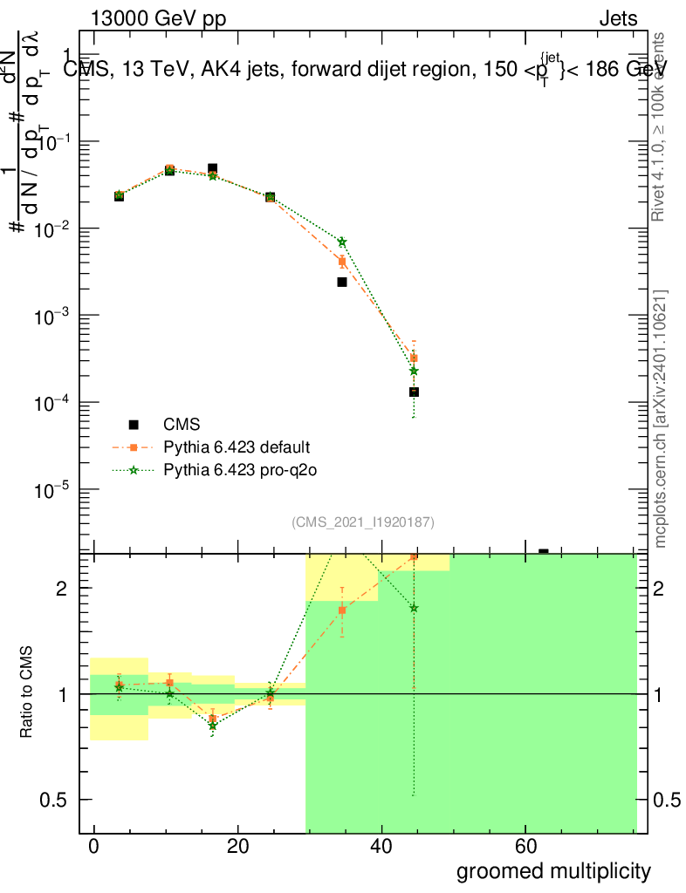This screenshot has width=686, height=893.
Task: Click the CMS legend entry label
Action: pyautogui.click(x=182, y=425)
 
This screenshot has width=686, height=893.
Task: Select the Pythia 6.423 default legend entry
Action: pyautogui.click(x=237, y=447)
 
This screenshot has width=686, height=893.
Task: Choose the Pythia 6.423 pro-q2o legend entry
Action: pyautogui.click(x=237, y=470)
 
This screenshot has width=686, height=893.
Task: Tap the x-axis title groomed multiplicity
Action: pyautogui.click(x=553, y=870)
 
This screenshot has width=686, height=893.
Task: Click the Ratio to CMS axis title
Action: pyautogui.click(x=28, y=694)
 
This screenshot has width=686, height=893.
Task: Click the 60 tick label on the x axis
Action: pyautogui.click(x=525, y=847)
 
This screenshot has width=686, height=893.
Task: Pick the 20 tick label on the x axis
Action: pyautogui.click(x=237, y=847)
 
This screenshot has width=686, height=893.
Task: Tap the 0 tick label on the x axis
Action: pyautogui.click(x=93, y=847)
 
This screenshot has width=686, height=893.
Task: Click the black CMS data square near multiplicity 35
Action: pyautogui.click(x=342, y=282)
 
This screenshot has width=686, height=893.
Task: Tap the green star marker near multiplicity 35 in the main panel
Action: pyautogui.click(x=342, y=242)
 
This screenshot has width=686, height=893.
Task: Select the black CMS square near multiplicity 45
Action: pyautogui.click(x=414, y=392)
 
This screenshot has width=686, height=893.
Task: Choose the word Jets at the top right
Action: pyautogui.click(x=618, y=19)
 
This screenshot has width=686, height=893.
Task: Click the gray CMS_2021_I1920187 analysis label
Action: pyautogui.click(x=363, y=521)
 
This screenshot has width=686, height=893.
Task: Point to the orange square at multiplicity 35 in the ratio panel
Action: pyautogui.click(x=342, y=610)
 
